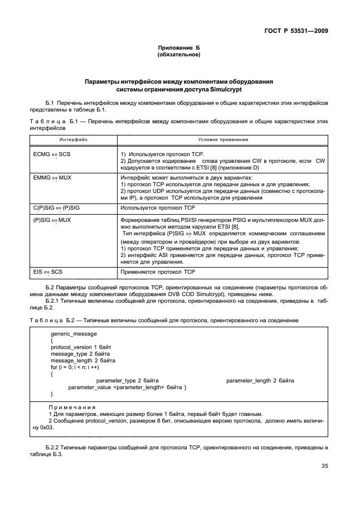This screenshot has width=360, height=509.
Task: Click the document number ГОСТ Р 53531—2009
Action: (300, 31)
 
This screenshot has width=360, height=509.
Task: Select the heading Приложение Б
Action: (179, 49)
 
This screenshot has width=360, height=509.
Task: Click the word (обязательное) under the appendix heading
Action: (179, 55)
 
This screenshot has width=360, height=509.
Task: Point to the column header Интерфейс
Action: (73, 139)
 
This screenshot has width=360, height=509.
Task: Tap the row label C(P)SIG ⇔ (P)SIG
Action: (61, 207)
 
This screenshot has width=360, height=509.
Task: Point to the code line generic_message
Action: (74, 333)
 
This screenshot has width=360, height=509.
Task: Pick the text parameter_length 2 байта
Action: (260, 380)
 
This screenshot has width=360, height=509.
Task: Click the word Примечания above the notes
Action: (72, 408)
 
